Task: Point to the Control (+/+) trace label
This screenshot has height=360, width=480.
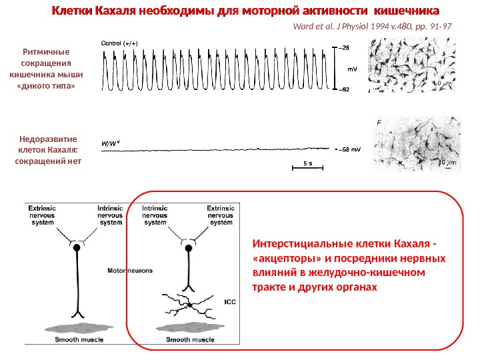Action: pyautogui.click(x=119, y=43)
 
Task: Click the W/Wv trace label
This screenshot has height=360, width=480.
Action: pyautogui.click(x=110, y=142)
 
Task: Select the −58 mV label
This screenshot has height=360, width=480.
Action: pyautogui.click(x=350, y=149)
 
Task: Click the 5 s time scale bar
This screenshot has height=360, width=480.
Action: pyautogui.click(x=308, y=165)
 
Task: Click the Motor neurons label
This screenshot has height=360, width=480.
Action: pyautogui.click(x=130, y=271)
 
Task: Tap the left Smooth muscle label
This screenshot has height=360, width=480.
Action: pyautogui.click(x=75, y=340)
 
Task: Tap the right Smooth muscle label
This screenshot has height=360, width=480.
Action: pyautogui.click(x=190, y=340)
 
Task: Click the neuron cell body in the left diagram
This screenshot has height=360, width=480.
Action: pyautogui.click(x=77, y=247)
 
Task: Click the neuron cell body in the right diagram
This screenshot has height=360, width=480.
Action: pyautogui.click(x=188, y=247)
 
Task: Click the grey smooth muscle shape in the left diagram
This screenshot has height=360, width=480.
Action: pyautogui.click(x=77, y=327)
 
